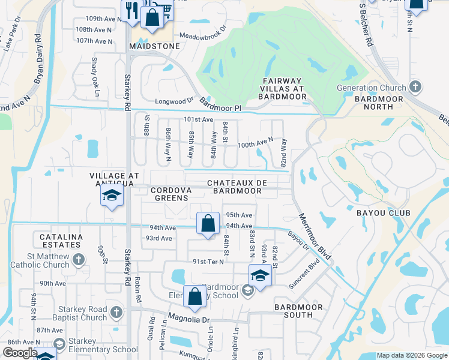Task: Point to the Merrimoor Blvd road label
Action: click(x=315, y=236)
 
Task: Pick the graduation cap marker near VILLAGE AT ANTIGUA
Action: click(x=112, y=195)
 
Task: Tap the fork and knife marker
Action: click(x=131, y=10)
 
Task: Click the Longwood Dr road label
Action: click(x=175, y=101)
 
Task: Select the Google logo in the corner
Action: click(x=20, y=353)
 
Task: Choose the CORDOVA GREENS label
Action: click(x=170, y=194)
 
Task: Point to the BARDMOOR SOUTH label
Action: click(x=298, y=311)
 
